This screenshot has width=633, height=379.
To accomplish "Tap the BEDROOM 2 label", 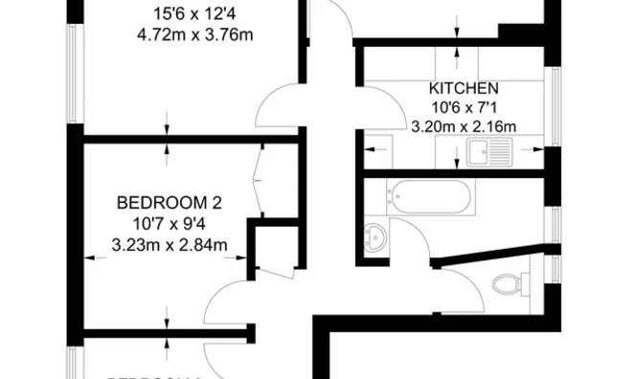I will coord(169,202).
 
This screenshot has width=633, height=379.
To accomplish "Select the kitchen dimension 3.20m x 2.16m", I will coord(463,125).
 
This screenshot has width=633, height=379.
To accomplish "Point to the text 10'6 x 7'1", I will coord(463,106).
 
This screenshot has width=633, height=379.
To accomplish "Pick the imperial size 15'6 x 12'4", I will coord(195,14).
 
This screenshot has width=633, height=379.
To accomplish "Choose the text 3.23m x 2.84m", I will coord(169,245).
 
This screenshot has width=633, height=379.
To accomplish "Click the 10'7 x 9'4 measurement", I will coord(169,224).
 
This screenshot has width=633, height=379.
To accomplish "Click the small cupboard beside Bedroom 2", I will coord(274,251).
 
